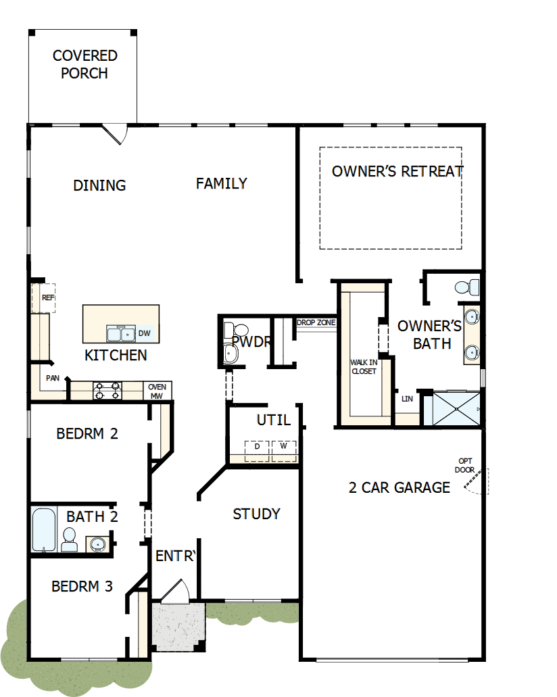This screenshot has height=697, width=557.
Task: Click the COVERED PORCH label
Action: point(84,64)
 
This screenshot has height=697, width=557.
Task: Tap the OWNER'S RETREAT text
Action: point(397,171)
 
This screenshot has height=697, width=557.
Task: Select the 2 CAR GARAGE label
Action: point(399,487)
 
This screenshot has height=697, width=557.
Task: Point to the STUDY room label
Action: point(256,514)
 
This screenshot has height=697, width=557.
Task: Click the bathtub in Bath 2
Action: point(43,530)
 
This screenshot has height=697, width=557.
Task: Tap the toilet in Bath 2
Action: point(69,539)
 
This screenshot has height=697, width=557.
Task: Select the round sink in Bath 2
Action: point(97,543)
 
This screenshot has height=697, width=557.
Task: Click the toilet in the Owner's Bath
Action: point(466,287)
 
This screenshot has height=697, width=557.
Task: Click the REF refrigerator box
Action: point(47,298)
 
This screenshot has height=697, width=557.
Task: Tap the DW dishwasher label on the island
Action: point(144,333)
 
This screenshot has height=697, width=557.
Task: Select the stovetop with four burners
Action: point(107,391)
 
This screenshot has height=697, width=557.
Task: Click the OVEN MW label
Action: point(156,391)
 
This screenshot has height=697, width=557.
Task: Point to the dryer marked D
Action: point(257,449)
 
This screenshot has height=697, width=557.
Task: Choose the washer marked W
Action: point(283,449)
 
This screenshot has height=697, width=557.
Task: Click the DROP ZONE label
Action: point(316,322)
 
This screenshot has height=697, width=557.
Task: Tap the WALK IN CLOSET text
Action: point(363,366)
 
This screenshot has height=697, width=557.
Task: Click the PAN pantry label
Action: point(52,379)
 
